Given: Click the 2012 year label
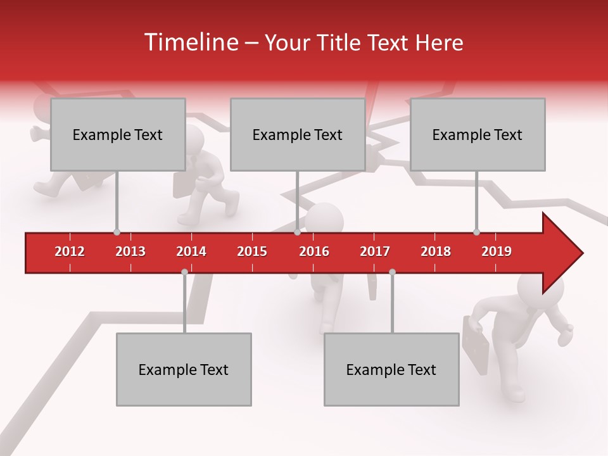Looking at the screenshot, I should pos(70,251).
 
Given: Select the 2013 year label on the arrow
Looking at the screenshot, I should pos(130,251).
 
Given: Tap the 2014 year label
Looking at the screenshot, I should pos(191,251).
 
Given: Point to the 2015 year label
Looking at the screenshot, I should pos(252,251).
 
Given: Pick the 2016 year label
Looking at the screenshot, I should pos(314,251).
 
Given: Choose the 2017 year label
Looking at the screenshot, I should pos(375,251).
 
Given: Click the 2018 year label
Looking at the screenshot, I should pos(436,251).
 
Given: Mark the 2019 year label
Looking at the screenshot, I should pos(497,251).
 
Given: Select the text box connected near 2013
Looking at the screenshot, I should pos(118,134).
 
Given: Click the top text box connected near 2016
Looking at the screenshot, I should pos(298,134).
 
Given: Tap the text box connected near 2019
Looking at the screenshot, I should pos(478,134).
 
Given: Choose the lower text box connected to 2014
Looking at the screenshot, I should pos(184,369).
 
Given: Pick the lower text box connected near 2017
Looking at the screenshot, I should pos(391,369).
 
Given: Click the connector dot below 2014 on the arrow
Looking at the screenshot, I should pos(184,272).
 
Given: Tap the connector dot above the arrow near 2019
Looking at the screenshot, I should pos(476,232).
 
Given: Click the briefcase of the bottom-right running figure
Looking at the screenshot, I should pos(475,345).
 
